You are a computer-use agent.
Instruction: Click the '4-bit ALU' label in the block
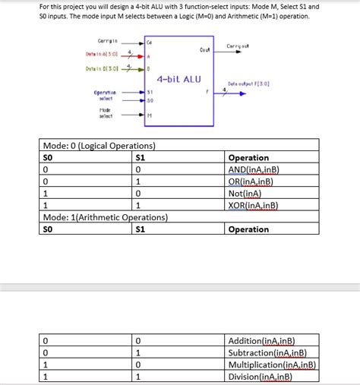[179, 79]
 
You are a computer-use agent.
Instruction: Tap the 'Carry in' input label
[106, 40]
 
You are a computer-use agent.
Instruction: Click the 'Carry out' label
[238, 47]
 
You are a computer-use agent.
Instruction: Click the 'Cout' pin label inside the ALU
[204, 50]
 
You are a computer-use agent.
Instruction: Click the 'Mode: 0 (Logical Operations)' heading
[99, 145]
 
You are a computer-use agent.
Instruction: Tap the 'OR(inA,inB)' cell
[250, 181]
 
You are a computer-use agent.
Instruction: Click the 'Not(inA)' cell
[245, 194]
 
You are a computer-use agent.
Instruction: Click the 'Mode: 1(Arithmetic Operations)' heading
[103, 217]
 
